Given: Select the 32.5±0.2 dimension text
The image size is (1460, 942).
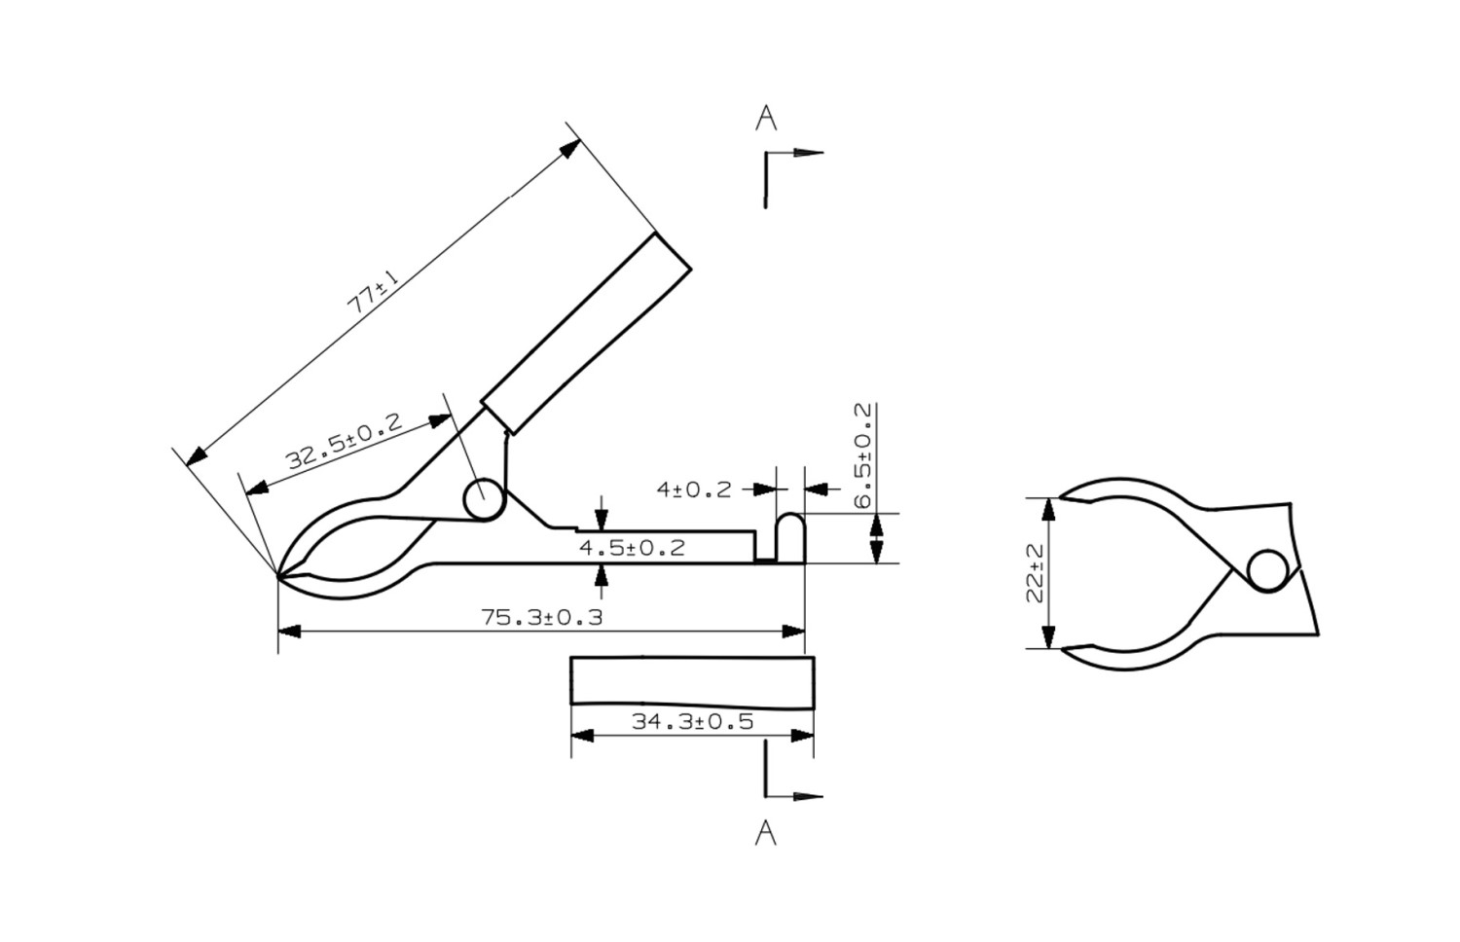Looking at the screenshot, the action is (345, 442).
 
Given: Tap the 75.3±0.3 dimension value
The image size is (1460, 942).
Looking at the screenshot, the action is (541, 617).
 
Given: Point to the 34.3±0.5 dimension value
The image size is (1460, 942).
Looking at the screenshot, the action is (692, 721).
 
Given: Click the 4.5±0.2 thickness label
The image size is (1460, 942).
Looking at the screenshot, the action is (632, 548).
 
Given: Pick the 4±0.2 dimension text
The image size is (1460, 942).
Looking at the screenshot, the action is (693, 489).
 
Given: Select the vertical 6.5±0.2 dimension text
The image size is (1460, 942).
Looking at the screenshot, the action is (862, 454).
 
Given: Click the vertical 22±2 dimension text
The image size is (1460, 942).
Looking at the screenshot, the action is (1035, 573).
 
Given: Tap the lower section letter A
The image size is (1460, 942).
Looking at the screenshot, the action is (766, 833).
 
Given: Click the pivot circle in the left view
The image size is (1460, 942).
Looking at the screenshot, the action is (484, 499).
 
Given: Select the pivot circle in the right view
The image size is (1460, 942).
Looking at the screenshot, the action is (1267, 571).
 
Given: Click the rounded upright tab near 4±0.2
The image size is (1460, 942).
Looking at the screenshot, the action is (790, 537).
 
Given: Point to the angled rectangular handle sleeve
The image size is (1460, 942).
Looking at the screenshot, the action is (586, 334).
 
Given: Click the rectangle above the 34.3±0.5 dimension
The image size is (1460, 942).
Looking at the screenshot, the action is (692, 681).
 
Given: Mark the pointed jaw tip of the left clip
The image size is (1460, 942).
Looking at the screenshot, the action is (278, 576).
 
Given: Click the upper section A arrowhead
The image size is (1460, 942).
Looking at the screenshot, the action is (807, 153).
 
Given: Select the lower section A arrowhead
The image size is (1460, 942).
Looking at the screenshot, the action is (807, 796).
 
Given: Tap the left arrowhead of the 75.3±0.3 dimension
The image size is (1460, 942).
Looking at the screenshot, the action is (290, 632).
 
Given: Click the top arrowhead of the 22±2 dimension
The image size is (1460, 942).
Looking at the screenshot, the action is (1048, 509).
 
